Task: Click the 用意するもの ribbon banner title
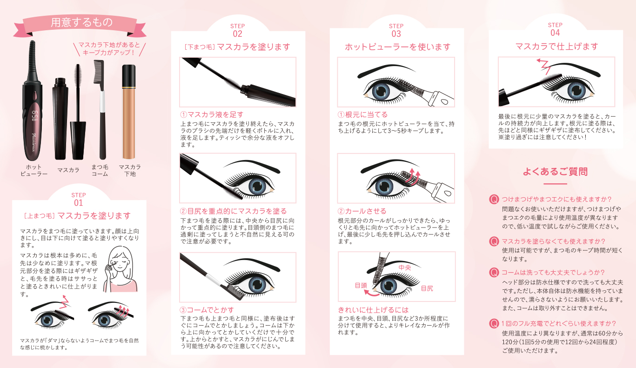click(x=82, y=22)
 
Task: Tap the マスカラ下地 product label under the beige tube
click(x=130, y=170)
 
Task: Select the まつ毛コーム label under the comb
click(x=100, y=170)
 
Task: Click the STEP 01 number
click(x=79, y=203)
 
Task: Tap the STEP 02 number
click(x=238, y=34)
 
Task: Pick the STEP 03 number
click(x=396, y=34)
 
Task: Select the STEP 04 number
click(x=555, y=33)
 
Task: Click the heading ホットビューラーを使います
click(x=397, y=47)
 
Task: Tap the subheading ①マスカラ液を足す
click(x=212, y=114)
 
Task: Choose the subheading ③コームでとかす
click(x=207, y=310)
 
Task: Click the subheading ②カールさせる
click(x=362, y=211)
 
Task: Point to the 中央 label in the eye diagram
click(x=405, y=268)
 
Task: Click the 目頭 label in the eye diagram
click(x=361, y=285)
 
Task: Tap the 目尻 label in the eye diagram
click(x=427, y=288)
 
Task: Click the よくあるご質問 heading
click(x=555, y=172)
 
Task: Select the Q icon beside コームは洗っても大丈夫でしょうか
click(x=494, y=272)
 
